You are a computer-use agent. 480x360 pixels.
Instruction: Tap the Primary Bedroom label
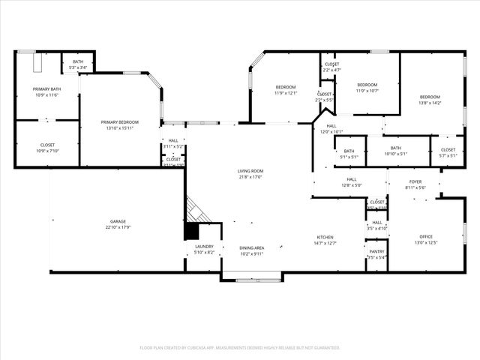pyautogui.click(x=118, y=124)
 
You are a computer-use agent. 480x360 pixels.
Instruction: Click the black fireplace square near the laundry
pyautogui.click(x=192, y=232)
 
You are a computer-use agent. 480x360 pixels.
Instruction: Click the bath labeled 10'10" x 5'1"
pyautogui.click(x=395, y=151)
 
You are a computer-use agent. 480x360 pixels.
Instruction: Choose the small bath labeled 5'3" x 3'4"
pyautogui.click(x=78, y=64)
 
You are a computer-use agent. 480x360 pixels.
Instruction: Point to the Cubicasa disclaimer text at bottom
pyautogui.click(x=240, y=347)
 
